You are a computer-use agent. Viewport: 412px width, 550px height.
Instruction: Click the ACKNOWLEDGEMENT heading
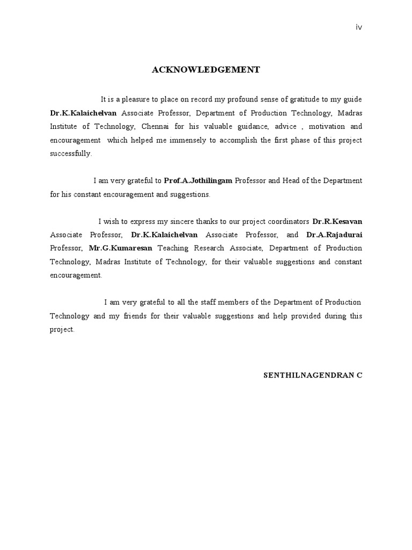(x=206, y=70)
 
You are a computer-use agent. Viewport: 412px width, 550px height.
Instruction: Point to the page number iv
(x=359, y=28)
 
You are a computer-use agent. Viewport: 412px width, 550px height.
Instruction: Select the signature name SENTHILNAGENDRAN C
(x=313, y=375)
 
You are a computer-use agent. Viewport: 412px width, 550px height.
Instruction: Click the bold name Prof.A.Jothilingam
(x=198, y=181)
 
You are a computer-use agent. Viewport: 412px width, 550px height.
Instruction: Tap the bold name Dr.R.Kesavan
(x=337, y=221)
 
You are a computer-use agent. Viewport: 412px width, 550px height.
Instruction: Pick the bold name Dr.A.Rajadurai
(x=334, y=235)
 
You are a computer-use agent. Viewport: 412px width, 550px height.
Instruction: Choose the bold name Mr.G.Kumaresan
(x=121, y=248)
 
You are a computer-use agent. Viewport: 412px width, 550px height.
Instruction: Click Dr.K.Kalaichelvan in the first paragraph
(x=83, y=113)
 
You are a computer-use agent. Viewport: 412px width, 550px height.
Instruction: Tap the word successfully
(x=71, y=154)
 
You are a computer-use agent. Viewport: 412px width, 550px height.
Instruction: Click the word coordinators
(x=284, y=221)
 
